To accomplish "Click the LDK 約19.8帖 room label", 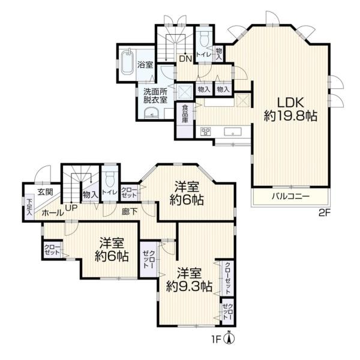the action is [x=290, y=109].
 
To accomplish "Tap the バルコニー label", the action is [x=290, y=197].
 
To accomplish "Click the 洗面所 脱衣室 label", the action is [x=155, y=95].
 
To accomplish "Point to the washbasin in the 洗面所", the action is [x=151, y=113].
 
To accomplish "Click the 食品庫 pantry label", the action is [x=185, y=114].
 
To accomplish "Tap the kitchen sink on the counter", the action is [x=233, y=132].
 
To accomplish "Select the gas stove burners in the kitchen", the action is [x=206, y=131].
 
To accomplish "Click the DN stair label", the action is [x=185, y=59].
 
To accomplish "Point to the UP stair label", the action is [x=71, y=208].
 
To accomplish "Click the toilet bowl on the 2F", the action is [x=204, y=39].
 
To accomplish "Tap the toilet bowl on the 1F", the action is [x=110, y=179].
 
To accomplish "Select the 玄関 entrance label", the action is [x=46, y=192].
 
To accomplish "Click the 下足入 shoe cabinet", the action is [x=29, y=207].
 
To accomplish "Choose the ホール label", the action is [x=53, y=213].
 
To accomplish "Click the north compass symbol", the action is [x=229, y=337].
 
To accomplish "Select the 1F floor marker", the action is [x=216, y=340].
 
